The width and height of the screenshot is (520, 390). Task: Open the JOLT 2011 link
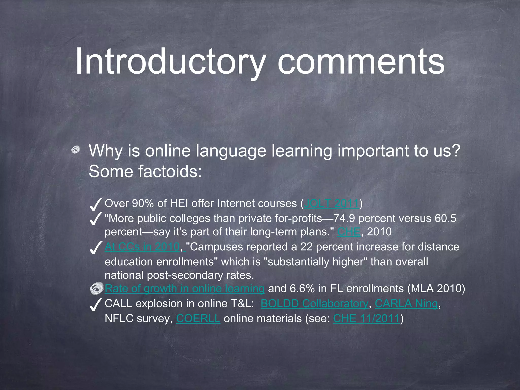(332, 204)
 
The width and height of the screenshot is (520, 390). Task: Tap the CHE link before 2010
(349, 232)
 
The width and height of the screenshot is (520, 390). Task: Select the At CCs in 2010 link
(142, 247)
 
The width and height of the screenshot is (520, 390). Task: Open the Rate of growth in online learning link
(185, 289)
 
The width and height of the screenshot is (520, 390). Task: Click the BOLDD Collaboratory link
(314, 304)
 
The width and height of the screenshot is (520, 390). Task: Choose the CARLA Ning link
(406, 304)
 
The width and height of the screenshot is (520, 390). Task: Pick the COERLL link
(198, 319)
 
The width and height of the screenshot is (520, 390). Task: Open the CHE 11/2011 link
(367, 319)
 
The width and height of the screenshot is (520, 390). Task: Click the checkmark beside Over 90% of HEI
(96, 204)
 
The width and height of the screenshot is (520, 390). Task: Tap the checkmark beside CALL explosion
(96, 304)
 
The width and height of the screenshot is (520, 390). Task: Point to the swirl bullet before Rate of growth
(97, 289)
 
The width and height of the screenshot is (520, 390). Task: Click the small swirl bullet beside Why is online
(75, 151)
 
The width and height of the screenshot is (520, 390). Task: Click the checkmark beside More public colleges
(96, 219)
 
